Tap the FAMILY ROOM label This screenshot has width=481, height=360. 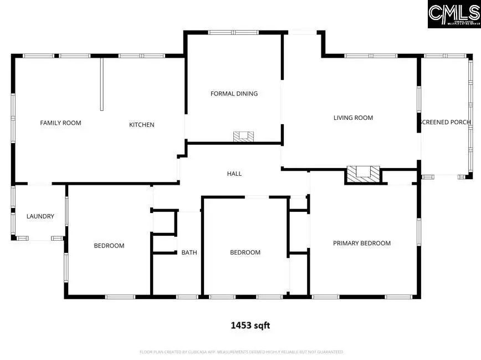[60, 123]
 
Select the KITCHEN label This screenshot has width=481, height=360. [142, 125]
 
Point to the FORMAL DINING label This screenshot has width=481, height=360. [234, 94]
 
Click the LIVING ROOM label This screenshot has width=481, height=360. [353, 118]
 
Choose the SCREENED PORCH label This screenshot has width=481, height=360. [446, 122]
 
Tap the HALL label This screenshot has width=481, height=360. [234, 174]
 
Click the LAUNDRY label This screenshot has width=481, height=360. [40, 216]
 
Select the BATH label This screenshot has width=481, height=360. [189, 252]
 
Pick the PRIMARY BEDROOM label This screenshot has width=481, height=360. [361, 243]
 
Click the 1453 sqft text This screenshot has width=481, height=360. [250, 326]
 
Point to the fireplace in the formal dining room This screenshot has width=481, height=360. [243, 136]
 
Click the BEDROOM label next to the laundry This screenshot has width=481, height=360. [109, 246]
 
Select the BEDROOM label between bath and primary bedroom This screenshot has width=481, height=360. [245, 252]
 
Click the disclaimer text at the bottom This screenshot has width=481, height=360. [241, 352]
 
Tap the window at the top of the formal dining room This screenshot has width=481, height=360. [233, 33]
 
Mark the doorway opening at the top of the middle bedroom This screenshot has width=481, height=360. [257, 197]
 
